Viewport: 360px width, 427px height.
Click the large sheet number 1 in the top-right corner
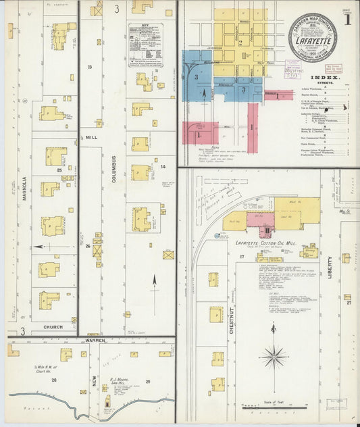click(x=346, y=19)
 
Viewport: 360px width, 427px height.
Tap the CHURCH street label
click(x=53, y=327)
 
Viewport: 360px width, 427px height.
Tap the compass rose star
click(x=274, y=356)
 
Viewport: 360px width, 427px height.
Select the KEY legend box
click(x=147, y=45)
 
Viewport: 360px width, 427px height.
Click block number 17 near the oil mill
click(x=259, y=258)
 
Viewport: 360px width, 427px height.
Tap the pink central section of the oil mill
click(x=260, y=220)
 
